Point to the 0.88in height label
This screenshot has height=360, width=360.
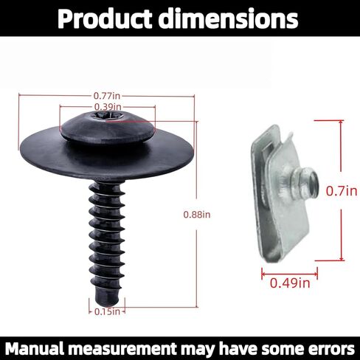tap(197, 215)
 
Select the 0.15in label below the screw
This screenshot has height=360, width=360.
tap(108, 312)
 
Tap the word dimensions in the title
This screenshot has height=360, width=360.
tap(234, 20)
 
